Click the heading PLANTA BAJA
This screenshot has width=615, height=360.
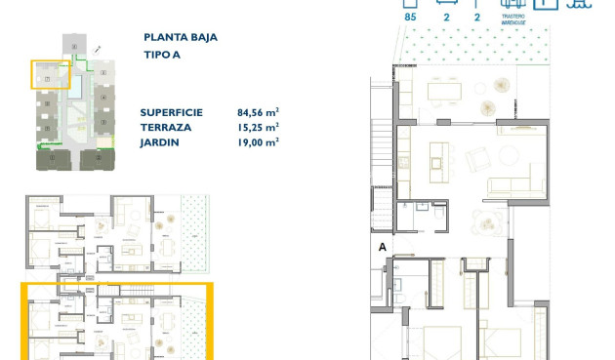tap(179, 37)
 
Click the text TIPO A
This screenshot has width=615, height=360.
tap(161, 56)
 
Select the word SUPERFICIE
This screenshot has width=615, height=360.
tap(171, 112)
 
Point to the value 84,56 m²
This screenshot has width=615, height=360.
tap(258, 112)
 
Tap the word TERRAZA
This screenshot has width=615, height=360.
tap(162, 127)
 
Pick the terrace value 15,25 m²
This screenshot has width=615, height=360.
tap(258, 127)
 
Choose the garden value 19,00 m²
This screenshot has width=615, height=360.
tap(258, 141)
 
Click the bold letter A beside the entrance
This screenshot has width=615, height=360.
tap(382, 248)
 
